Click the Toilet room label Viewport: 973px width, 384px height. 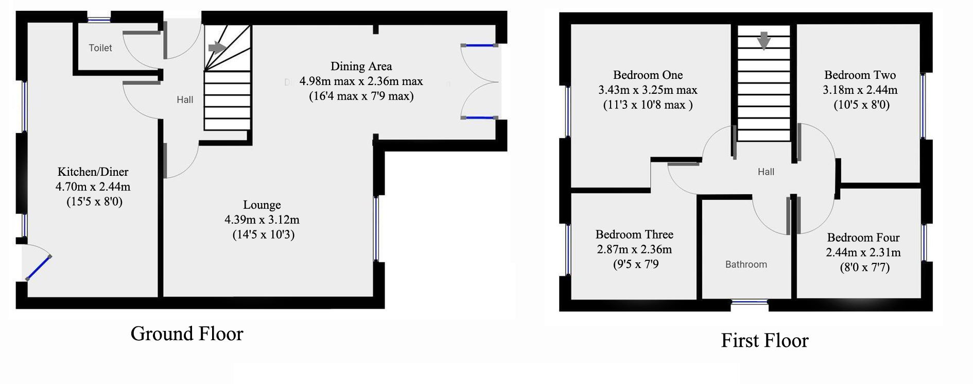tap(100, 48)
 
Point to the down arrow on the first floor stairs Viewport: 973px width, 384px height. tap(764, 41)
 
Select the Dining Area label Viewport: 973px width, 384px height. tap(361, 66)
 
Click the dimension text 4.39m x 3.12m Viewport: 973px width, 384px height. tap(262, 220)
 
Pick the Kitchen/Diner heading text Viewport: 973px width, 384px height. tap(93, 172)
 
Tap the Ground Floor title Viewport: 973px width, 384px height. tap(187, 333)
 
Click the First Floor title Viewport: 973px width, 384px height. tap(764, 340)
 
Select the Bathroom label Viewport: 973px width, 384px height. tap(746, 264)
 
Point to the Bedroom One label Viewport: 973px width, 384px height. tap(648, 75)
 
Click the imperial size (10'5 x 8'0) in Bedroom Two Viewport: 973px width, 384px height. tap(861, 105)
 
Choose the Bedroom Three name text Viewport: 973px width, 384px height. tap(634, 235)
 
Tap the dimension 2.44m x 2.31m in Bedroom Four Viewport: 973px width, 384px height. tap(863, 253)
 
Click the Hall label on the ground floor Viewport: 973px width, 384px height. tap(185, 100)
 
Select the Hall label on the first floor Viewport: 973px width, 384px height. tap(766, 172)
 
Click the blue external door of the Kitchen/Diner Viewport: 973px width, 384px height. tap(39, 268)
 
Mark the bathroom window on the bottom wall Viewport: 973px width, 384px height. tap(750, 303)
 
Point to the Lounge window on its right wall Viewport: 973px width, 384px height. tap(376, 228)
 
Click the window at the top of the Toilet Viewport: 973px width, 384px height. tap(99, 20)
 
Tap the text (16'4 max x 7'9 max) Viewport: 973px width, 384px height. tap(361, 96)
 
